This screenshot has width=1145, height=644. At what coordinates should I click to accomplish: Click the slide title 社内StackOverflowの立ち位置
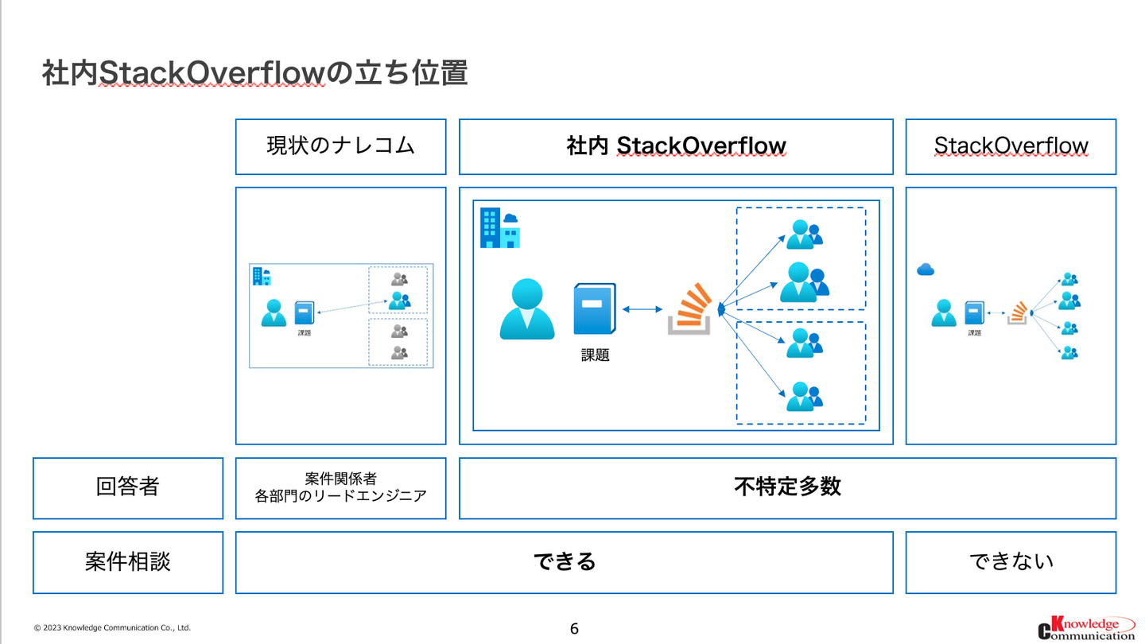pos(254,73)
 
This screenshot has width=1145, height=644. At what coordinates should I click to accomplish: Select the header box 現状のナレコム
pos(340,146)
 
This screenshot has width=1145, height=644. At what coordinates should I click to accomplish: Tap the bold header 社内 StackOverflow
pos(676,146)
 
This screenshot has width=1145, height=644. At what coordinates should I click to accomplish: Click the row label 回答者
pos(127,487)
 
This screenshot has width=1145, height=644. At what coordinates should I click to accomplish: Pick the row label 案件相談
pos(127,561)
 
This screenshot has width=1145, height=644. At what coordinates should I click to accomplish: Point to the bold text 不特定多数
pos(787,487)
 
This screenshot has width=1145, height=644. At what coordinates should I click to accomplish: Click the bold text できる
pos(565,561)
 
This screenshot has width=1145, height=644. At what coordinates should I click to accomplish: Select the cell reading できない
pos(1011,561)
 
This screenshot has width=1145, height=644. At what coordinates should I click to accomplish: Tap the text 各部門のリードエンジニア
pos(340,496)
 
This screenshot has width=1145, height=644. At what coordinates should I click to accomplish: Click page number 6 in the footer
pos(574,629)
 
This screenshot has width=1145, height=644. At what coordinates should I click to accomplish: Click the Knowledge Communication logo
pos(1086,627)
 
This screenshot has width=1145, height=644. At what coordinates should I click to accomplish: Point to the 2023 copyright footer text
pos(112,628)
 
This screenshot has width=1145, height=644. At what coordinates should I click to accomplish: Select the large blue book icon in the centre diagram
pos(595,308)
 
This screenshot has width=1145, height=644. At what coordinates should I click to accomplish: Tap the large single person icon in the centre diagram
pos(526,309)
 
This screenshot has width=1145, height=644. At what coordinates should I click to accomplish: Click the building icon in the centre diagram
pos(499,227)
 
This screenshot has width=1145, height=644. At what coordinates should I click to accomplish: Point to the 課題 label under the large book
pos(595,356)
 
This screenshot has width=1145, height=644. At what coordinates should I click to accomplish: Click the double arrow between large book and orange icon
pos(642,309)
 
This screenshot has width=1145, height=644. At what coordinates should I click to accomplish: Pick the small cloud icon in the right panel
pos(925,270)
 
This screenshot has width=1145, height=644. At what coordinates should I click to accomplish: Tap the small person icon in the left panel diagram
pos(274,312)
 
